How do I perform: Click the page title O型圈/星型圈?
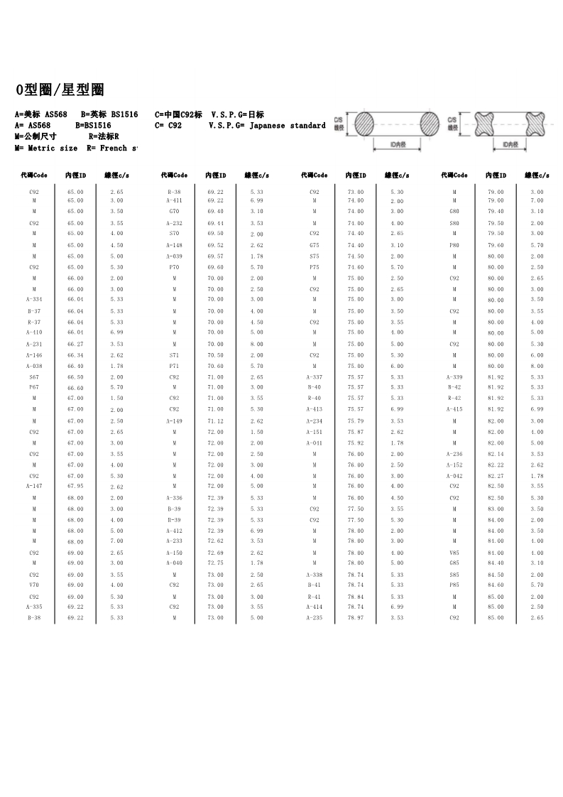(60, 90)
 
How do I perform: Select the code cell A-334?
(33, 300)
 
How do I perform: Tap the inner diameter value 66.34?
(75, 355)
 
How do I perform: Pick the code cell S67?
(33, 377)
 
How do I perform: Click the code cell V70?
(33, 585)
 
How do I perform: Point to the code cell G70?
(174, 212)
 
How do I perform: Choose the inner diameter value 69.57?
(215, 256)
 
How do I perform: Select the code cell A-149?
(174, 421)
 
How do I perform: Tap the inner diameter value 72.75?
(215, 563)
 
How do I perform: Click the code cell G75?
(315, 245)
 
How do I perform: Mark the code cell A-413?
(315, 410)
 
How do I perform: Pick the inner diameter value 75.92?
(356, 443)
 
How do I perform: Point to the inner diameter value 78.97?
(356, 618)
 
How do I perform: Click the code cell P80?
(454, 245)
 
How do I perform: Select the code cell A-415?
(454, 410)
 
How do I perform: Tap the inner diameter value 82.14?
(496, 454)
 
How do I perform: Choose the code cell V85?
(454, 553)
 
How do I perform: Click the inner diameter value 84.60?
(496, 585)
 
